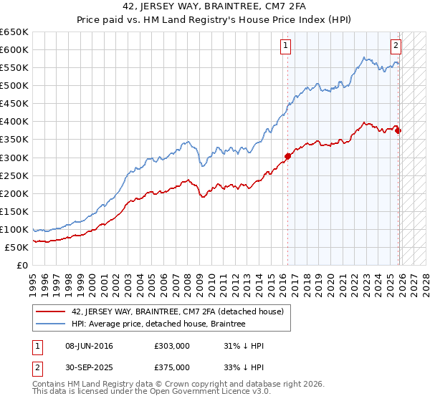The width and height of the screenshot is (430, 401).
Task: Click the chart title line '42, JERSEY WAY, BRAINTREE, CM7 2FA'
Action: pyautogui.click(x=215, y=8)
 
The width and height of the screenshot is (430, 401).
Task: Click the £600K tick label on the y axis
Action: pyautogui.click(x=14, y=49)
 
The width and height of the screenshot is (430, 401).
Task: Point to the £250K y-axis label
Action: pyautogui.click(x=14, y=175)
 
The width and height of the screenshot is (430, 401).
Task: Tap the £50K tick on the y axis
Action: pyautogui.click(x=17, y=247)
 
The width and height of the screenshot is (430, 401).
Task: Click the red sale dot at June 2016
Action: pyautogui.click(x=287, y=155)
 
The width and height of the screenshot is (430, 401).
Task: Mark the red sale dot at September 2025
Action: pyautogui.click(x=398, y=130)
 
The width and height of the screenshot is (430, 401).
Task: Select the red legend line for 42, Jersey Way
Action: pyautogui.click(x=51, y=311)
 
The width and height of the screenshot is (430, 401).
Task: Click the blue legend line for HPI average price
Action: pyautogui.click(x=51, y=324)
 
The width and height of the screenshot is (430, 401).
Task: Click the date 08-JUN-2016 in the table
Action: pyautogui.click(x=89, y=346)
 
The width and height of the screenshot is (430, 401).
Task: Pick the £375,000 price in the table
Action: pyautogui.click(x=171, y=367)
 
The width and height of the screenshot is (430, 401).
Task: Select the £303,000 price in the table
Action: pyautogui.click(x=171, y=346)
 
